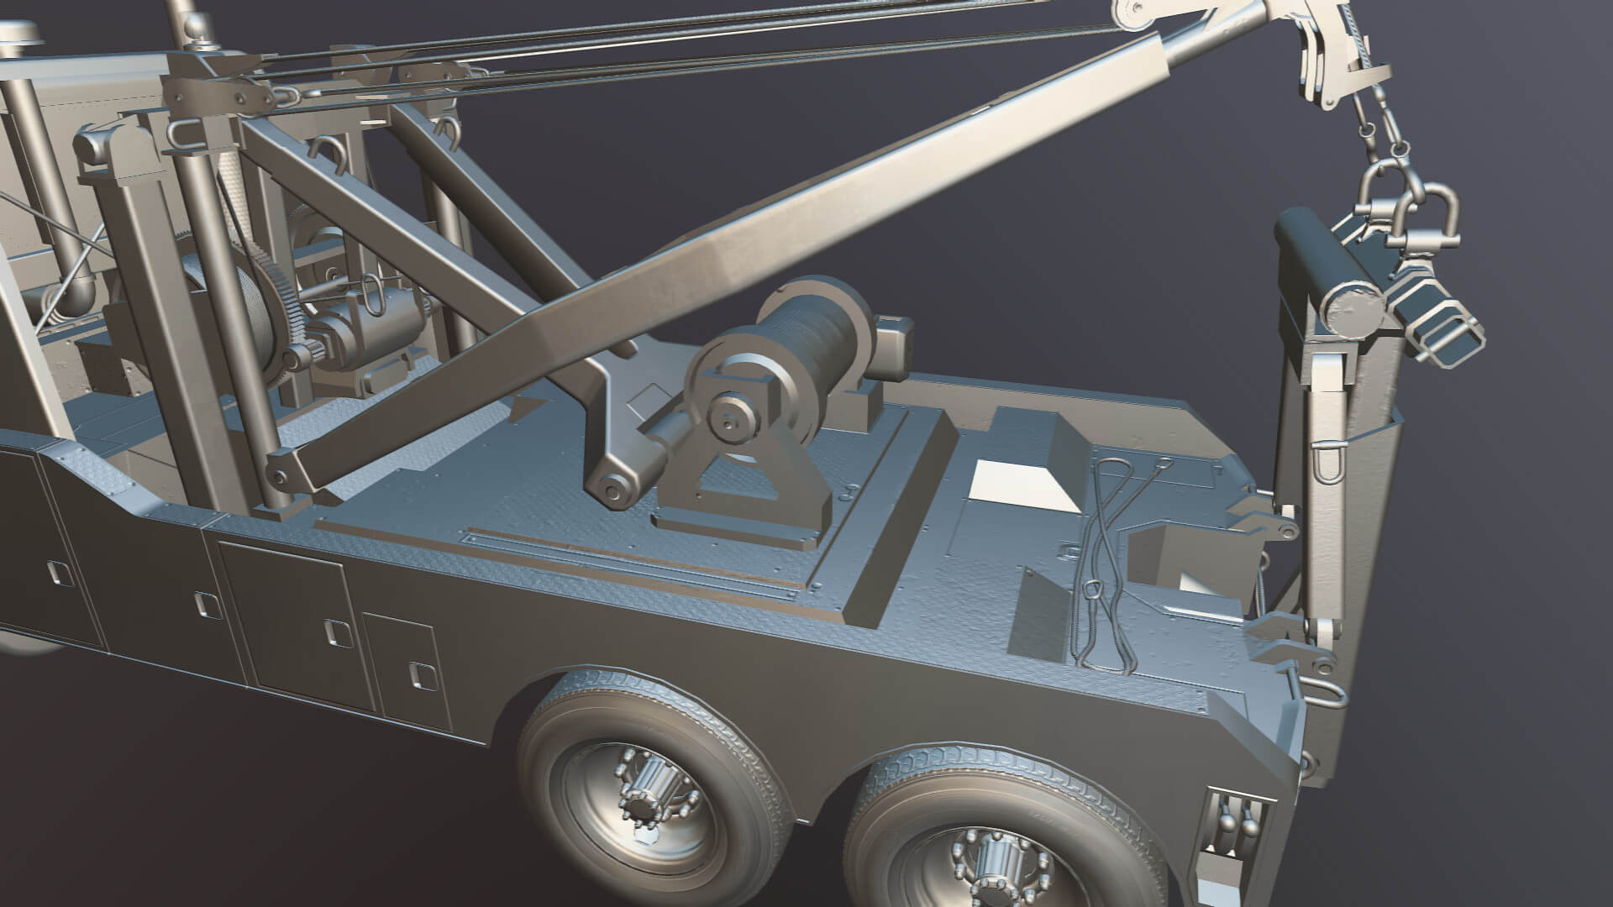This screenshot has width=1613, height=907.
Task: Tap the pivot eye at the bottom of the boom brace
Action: coord(611,487)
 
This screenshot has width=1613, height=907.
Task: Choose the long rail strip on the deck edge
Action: coord(630,563)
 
